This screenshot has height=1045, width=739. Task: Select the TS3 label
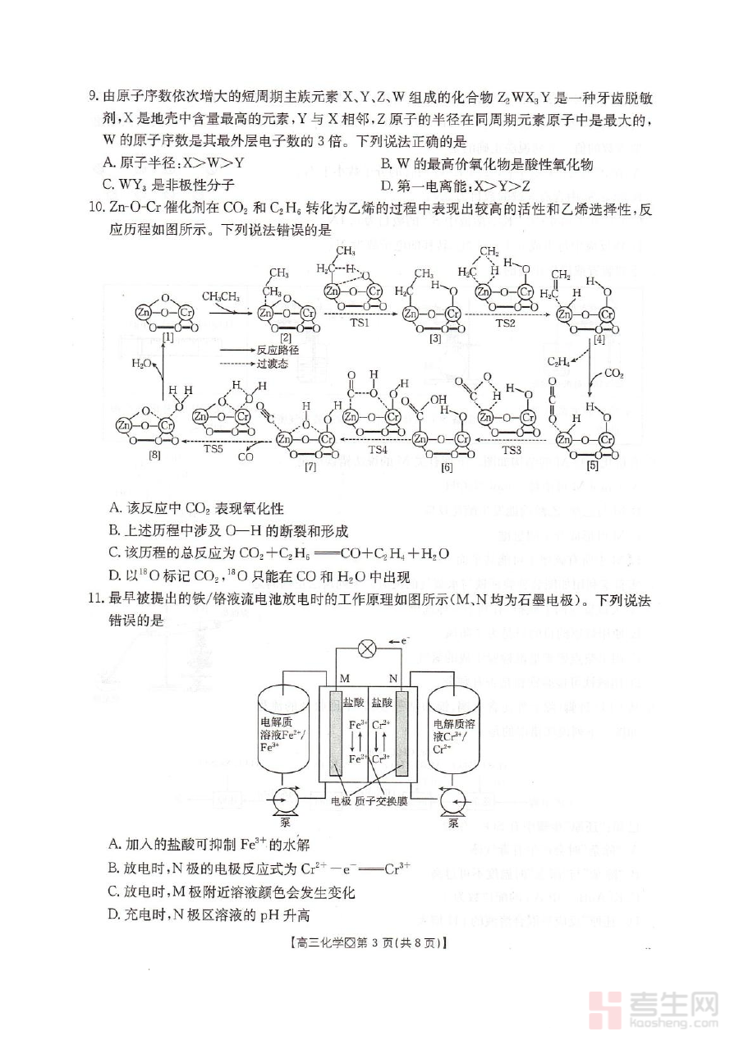pyautogui.click(x=512, y=450)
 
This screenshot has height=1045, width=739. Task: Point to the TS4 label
pyautogui.click(x=378, y=450)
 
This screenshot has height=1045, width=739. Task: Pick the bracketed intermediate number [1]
pyautogui.click(x=168, y=337)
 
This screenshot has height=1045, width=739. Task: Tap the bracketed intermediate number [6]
pyautogui.click(x=447, y=466)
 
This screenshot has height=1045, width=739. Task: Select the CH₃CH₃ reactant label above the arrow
pyautogui.click(x=221, y=296)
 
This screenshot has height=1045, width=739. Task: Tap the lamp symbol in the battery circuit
pyautogui.click(x=369, y=649)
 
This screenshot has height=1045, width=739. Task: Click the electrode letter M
pyautogui.click(x=345, y=678)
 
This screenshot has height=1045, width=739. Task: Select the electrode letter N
pyautogui.click(x=392, y=678)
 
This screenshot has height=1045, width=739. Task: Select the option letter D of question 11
pyautogui.click(x=113, y=915)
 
